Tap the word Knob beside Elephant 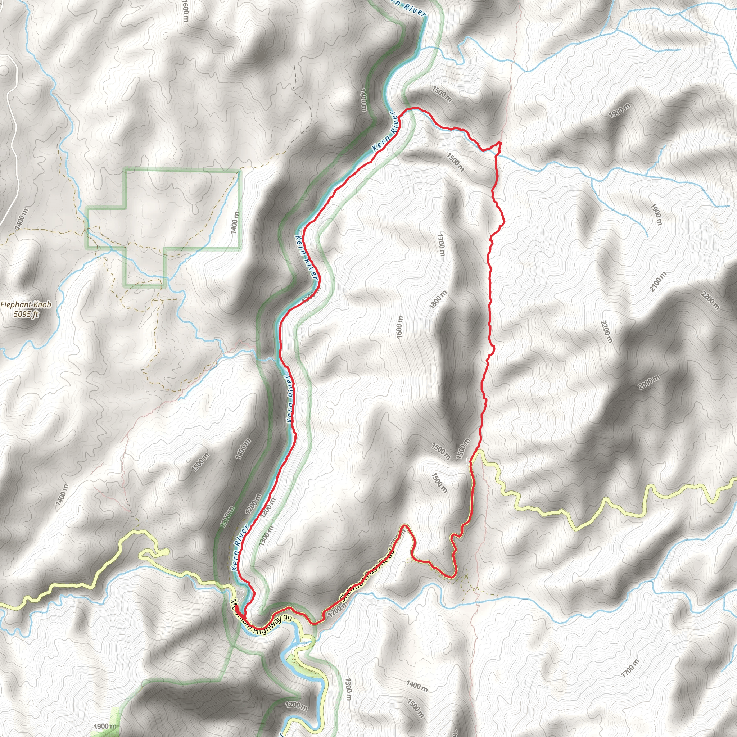pyautogui.click(x=42, y=305)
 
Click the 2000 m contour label pyautogui.click(x=649, y=383)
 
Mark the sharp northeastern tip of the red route pyautogui.click(x=500, y=142)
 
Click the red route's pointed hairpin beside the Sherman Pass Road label pyautogui.click(x=405, y=526)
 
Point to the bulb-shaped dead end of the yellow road pyautogui.click(x=165, y=552)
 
